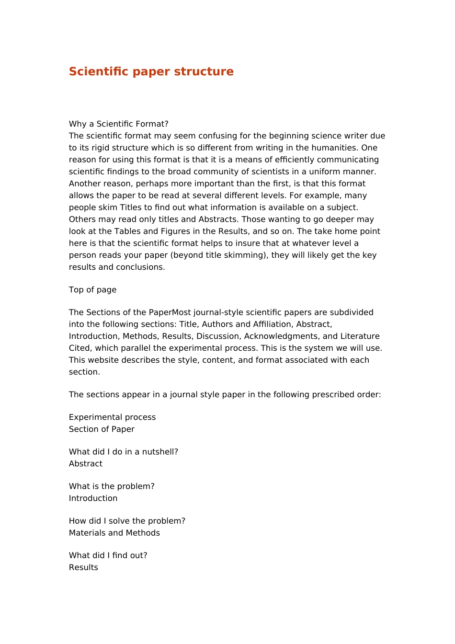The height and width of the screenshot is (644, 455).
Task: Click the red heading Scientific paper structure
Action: pyautogui.click(x=151, y=71)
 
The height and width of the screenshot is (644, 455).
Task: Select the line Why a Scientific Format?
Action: pyautogui.click(x=119, y=124)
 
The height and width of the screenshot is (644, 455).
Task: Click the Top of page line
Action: pyautogui.click(x=93, y=290)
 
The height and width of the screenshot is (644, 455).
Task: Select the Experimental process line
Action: pyautogui.click(x=113, y=417)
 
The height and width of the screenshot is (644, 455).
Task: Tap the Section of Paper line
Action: pyautogui.click(x=102, y=429)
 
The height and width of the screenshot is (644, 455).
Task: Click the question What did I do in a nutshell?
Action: pyautogui.click(x=124, y=452)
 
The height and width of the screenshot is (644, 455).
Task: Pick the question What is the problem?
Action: pyautogui.click(x=112, y=486)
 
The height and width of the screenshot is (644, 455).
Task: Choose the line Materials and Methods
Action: pyautogui.click(x=114, y=533)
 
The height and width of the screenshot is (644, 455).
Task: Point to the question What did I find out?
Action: pyautogui.click(x=108, y=555)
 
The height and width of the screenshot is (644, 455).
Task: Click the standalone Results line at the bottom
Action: pyautogui.click(x=83, y=567)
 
